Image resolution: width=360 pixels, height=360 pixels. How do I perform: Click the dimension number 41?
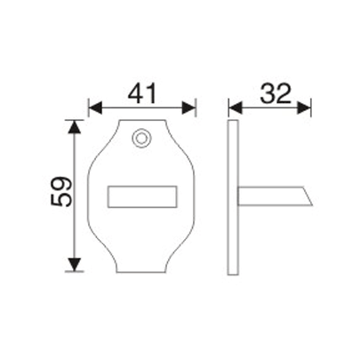[142, 91]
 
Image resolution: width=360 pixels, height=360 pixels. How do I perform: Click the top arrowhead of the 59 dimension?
[75, 124]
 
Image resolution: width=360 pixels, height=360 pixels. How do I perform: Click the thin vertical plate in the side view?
[235, 196]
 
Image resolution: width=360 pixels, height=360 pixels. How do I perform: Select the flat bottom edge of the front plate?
[142, 270]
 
